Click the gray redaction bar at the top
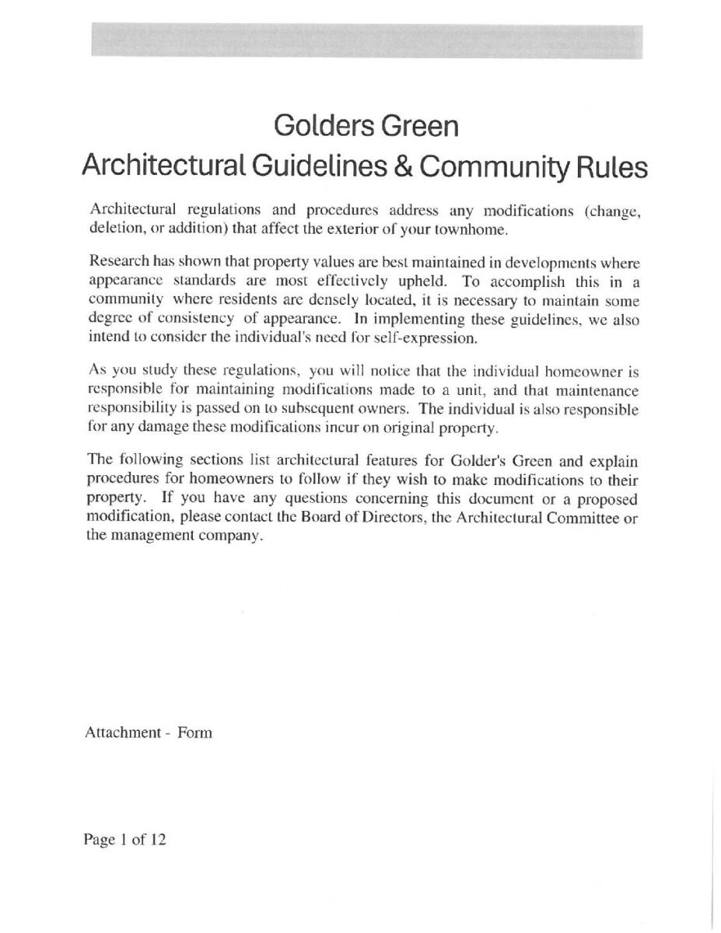coord(366,40)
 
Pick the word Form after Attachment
coord(194,732)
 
